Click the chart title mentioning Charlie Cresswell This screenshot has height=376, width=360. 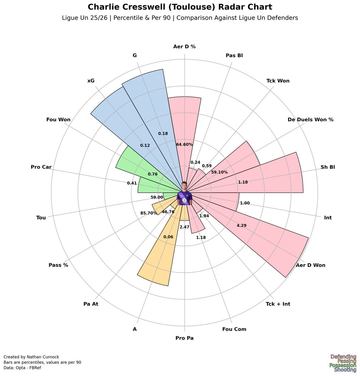[180, 7]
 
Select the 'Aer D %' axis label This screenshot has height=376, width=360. [184, 47]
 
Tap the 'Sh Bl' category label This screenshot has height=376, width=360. [328, 167]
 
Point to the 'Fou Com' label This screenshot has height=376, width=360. [234, 329]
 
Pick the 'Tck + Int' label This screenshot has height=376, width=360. [278, 304]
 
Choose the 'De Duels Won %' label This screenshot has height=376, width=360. [311, 119]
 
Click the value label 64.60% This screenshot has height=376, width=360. [184, 144]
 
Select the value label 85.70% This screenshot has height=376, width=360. [148, 213]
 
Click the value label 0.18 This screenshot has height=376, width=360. [163, 133]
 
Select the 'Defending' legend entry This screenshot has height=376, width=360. [343, 357]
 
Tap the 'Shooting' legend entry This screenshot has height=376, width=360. [345, 370]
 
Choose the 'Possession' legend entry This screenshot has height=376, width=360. [343, 365]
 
